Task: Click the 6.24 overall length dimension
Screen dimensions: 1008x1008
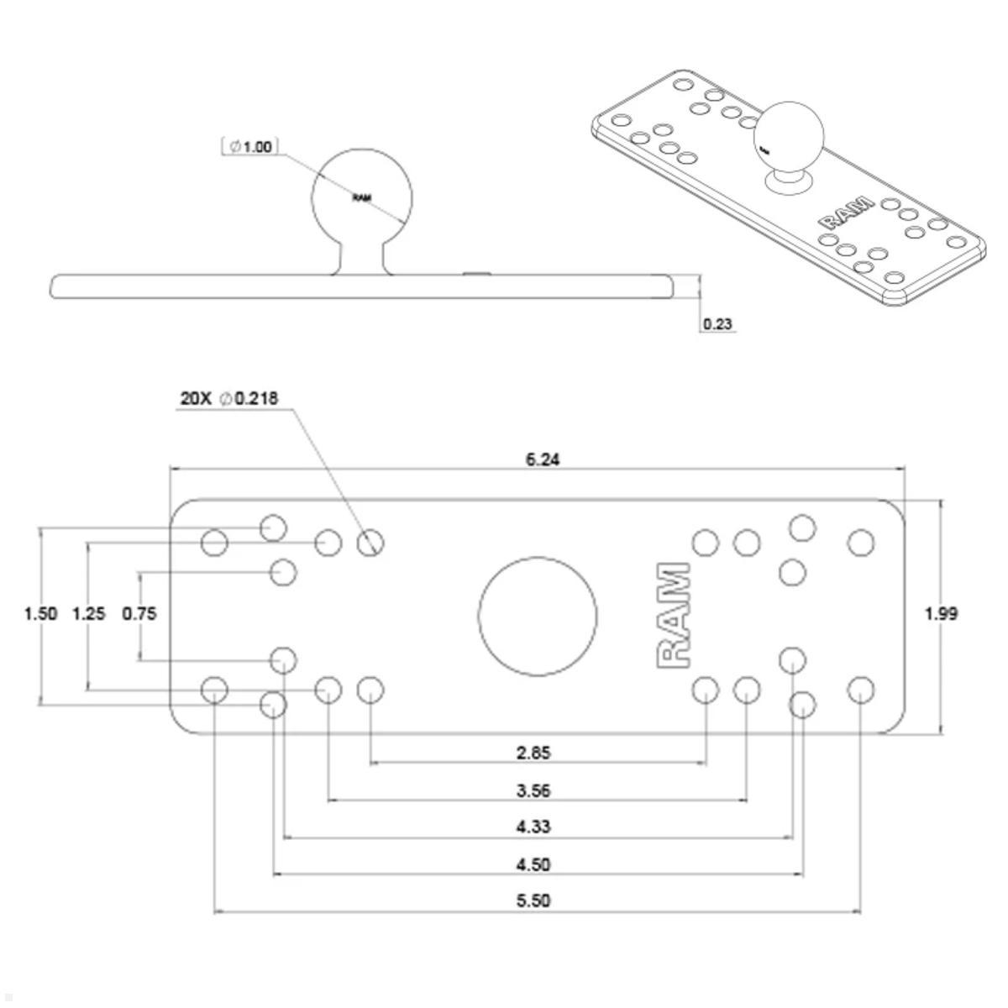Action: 543,459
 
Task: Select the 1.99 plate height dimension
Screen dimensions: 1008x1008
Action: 941,613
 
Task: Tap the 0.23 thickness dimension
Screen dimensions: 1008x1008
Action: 717,324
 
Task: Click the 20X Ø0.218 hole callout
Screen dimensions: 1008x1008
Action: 228,398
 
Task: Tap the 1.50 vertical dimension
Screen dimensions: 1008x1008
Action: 40,613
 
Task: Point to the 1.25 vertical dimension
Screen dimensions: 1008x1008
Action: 89,613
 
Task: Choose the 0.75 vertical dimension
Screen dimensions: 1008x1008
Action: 139,613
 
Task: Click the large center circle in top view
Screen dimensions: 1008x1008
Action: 538,616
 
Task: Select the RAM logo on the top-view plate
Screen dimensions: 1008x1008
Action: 673,616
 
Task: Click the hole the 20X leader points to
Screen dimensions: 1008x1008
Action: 370,543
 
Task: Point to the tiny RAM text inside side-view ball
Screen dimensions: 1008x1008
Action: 362,198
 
